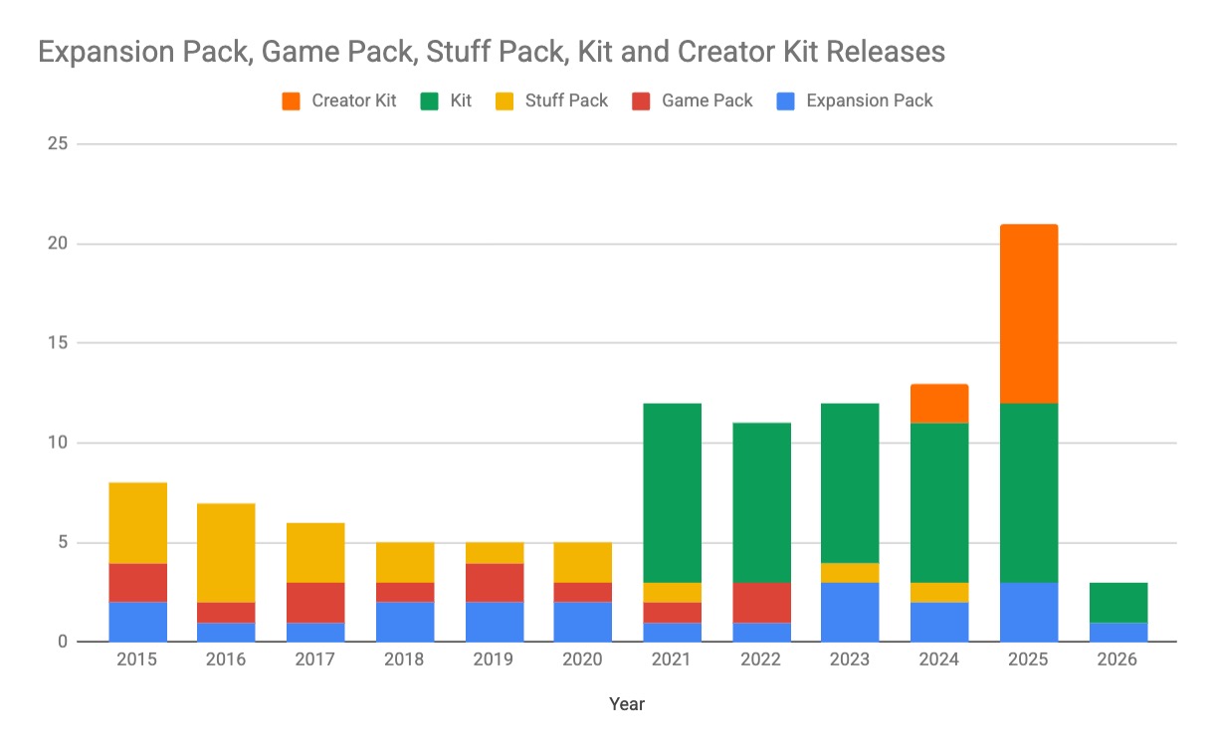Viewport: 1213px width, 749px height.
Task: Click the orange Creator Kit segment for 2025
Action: pos(1028,313)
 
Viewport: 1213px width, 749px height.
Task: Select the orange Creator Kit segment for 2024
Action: pos(939,403)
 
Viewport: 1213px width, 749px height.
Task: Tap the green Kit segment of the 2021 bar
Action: pos(672,492)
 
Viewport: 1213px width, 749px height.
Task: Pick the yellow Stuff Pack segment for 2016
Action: pos(225,552)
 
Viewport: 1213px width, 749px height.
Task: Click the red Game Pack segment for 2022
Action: pos(761,602)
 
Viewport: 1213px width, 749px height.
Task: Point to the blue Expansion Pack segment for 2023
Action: pos(850,612)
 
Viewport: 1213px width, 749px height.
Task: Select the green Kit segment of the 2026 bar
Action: pos(1117,602)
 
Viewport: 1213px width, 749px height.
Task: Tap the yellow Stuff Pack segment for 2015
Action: pos(136,522)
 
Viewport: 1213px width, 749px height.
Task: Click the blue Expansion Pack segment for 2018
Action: pos(404,622)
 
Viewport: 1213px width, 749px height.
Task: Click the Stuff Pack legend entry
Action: pos(552,100)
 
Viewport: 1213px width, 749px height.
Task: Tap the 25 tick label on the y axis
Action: pos(58,144)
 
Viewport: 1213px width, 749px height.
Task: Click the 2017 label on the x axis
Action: pos(314,660)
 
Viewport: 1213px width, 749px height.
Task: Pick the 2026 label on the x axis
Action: pos(1117,660)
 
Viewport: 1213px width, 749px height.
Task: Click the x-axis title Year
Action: pos(627,704)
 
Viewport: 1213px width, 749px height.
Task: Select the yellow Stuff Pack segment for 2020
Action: pos(582,562)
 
